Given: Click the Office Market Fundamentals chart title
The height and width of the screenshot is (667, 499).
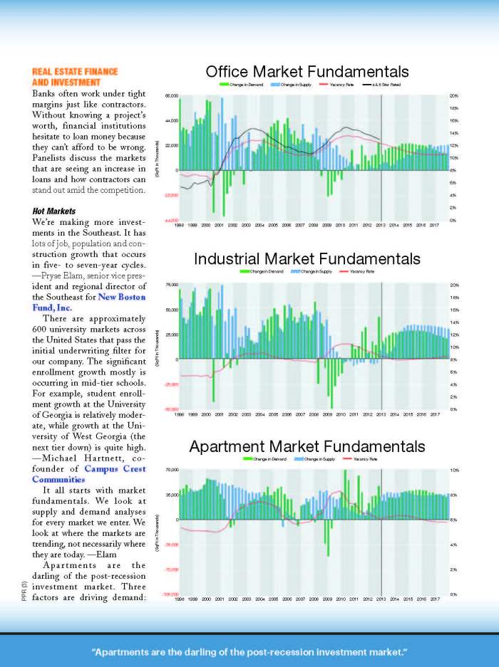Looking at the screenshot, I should (307, 72).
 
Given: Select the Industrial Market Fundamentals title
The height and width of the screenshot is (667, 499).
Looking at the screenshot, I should (307, 258).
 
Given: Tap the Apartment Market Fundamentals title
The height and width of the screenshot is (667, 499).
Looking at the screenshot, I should (307, 446).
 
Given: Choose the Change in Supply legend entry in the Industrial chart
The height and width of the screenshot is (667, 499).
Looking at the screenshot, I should (318, 271).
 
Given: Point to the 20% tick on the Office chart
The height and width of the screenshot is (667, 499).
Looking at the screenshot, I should (454, 95).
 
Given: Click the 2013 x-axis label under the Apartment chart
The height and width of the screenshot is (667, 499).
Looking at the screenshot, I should (381, 599).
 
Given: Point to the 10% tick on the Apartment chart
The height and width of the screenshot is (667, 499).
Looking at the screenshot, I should (454, 471).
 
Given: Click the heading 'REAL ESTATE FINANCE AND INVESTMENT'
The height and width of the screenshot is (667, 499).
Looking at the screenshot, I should (75, 76).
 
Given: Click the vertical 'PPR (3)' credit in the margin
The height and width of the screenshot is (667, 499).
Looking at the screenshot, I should (24, 592).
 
